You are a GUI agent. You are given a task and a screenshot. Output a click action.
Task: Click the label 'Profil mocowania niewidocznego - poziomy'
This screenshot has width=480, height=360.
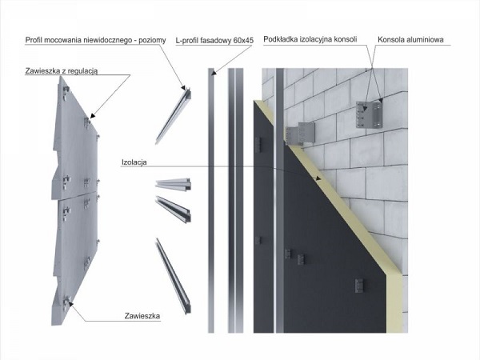pyautogui.click(x=95, y=40)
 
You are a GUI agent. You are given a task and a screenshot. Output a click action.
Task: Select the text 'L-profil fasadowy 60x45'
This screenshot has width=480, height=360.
pyautogui.click(x=214, y=41)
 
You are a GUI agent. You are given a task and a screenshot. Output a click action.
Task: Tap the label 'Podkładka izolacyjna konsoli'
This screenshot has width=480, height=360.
pyautogui.click(x=310, y=39)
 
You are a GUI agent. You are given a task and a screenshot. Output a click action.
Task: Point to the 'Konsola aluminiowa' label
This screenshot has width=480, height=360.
pyautogui.click(x=410, y=39)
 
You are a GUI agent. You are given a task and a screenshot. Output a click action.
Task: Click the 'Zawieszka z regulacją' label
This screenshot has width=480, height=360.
pyautogui.click(x=62, y=71)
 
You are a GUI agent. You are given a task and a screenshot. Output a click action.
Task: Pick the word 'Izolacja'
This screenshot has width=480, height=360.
pyautogui.click(x=134, y=162)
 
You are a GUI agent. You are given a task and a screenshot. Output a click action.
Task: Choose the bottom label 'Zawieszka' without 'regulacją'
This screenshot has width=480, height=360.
pyautogui.click(x=142, y=316)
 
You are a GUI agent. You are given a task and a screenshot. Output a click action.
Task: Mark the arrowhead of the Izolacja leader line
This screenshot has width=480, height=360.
pyautogui.click(x=319, y=178)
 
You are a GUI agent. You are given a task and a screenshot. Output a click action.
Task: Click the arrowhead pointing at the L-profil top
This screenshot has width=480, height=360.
pyautogui.click(x=214, y=73)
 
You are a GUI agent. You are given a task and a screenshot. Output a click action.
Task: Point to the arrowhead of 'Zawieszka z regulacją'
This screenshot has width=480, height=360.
pyautogui.click(x=92, y=116)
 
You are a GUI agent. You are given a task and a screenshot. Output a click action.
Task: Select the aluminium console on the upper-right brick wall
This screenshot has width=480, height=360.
pyautogui.click(x=370, y=114)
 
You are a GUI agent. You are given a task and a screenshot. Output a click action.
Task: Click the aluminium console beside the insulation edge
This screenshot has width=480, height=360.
pyautogui.click(x=300, y=134)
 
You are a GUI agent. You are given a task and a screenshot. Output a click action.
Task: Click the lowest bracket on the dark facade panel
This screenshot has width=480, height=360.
pyautogui.click(x=359, y=286)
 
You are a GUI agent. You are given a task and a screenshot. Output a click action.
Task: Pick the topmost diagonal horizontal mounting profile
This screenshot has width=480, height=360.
pyautogui.click(x=174, y=116)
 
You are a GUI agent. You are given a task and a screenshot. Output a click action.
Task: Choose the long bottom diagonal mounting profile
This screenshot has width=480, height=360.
pyautogui.click(x=174, y=276)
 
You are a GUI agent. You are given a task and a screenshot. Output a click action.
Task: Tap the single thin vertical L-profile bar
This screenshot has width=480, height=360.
pyautogui.click(x=211, y=201)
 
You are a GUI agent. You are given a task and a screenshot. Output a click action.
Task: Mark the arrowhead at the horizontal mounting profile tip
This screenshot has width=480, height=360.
pyautogui.click(x=184, y=88)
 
